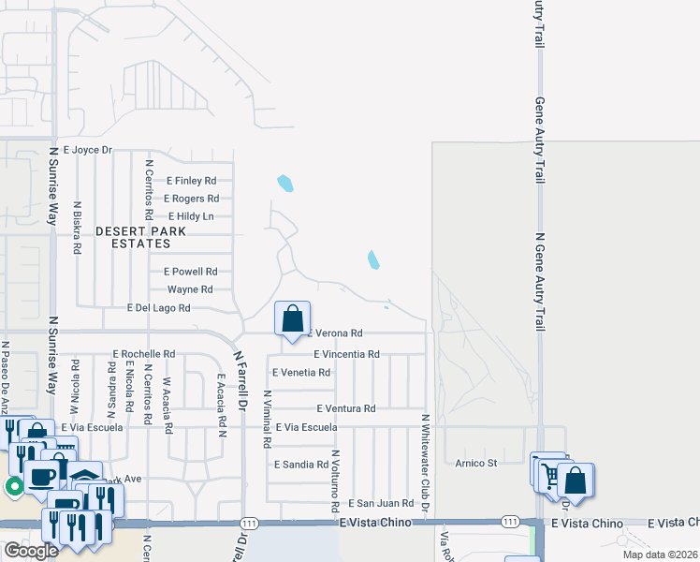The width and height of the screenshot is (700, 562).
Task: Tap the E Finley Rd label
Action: (192, 181)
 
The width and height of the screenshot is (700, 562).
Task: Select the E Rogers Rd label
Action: (191, 199)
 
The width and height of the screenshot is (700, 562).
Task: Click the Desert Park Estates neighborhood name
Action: (140, 237)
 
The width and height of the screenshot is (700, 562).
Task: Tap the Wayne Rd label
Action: (190, 289)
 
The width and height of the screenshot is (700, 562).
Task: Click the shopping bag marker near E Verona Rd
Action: (293, 318)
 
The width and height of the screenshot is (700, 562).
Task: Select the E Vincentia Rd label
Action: (347, 354)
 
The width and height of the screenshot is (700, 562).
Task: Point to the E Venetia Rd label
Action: (301, 372)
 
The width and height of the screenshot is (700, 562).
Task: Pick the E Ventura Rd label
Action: (345, 408)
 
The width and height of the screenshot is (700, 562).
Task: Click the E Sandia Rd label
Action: (301, 464)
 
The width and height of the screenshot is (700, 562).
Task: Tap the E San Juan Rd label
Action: (381, 503)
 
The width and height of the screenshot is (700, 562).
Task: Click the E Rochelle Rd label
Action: (143, 354)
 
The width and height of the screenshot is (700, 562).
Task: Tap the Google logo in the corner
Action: (30, 551)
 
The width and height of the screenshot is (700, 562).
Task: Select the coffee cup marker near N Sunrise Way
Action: (40, 477)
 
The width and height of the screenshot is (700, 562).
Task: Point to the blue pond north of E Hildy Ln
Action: (285, 184)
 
